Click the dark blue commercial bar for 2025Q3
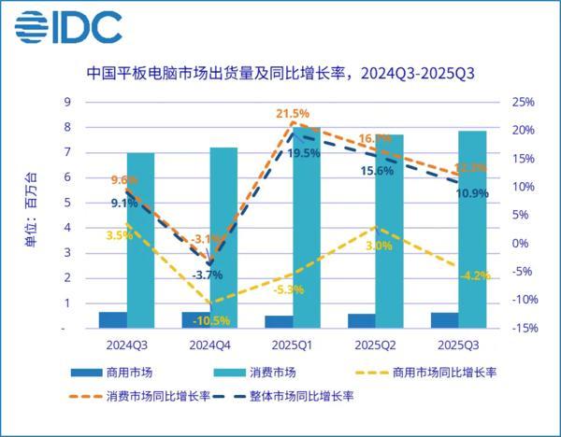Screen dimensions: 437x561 445,320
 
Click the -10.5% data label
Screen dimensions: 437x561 212,320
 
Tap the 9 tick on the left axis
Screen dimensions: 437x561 65,102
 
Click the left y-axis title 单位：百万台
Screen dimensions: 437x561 32,215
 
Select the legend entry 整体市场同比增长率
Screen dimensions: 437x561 301,395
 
